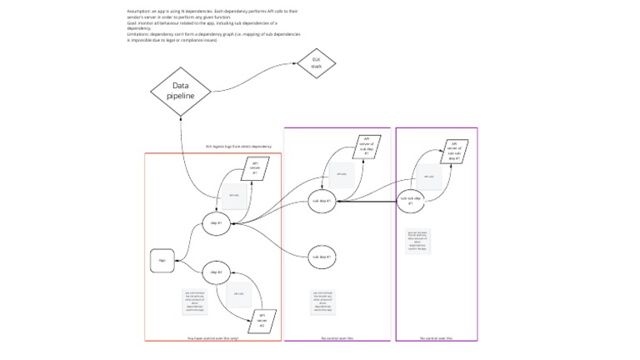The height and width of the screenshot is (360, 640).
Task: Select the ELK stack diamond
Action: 316,63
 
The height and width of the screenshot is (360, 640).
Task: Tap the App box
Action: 162,261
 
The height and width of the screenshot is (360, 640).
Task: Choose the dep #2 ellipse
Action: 216,272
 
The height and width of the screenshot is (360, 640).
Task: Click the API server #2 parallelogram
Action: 262,320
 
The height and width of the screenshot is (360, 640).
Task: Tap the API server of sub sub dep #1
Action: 454,151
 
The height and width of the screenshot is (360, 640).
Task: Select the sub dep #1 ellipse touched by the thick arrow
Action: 322,201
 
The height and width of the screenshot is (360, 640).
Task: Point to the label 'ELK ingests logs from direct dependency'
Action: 238,147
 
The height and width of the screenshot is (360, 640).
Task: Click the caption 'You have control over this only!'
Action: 213,338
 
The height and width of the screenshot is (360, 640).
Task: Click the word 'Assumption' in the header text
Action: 137,12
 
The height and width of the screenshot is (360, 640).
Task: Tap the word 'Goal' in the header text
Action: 132,22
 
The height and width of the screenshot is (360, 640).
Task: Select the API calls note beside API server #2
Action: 238,294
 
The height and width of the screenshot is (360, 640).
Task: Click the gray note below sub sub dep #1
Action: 417,240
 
